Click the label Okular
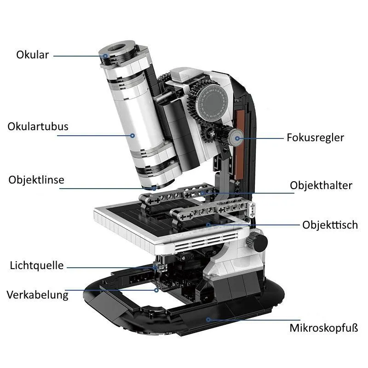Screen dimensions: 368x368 (32, 55)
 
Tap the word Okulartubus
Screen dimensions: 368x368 (38, 126)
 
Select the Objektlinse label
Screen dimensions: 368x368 (36, 180)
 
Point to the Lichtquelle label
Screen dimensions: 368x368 (37, 266)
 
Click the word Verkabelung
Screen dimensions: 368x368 (38, 295)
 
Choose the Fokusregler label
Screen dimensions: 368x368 (316, 138)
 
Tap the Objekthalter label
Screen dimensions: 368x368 (321, 185)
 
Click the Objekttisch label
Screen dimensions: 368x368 (330, 225)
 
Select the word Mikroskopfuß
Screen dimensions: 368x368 (324, 328)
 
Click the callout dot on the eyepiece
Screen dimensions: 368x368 (106, 56)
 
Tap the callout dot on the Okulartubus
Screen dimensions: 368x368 (132, 136)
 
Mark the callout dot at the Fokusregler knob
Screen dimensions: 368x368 (237, 138)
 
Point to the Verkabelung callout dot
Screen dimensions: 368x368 (156, 290)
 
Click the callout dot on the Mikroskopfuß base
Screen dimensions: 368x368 (208, 319)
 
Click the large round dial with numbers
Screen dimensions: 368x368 (212, 102)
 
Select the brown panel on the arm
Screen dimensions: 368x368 (240, 144)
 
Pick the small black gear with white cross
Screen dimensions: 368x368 (212, 134)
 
